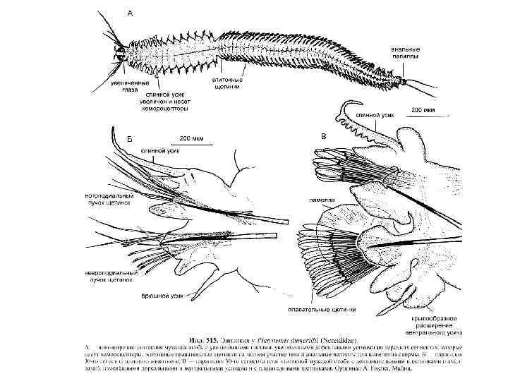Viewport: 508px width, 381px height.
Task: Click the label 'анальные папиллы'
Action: (405, 52)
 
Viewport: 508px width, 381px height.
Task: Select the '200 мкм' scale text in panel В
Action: (423, 110)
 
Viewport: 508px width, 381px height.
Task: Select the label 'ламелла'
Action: (319, 200)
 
